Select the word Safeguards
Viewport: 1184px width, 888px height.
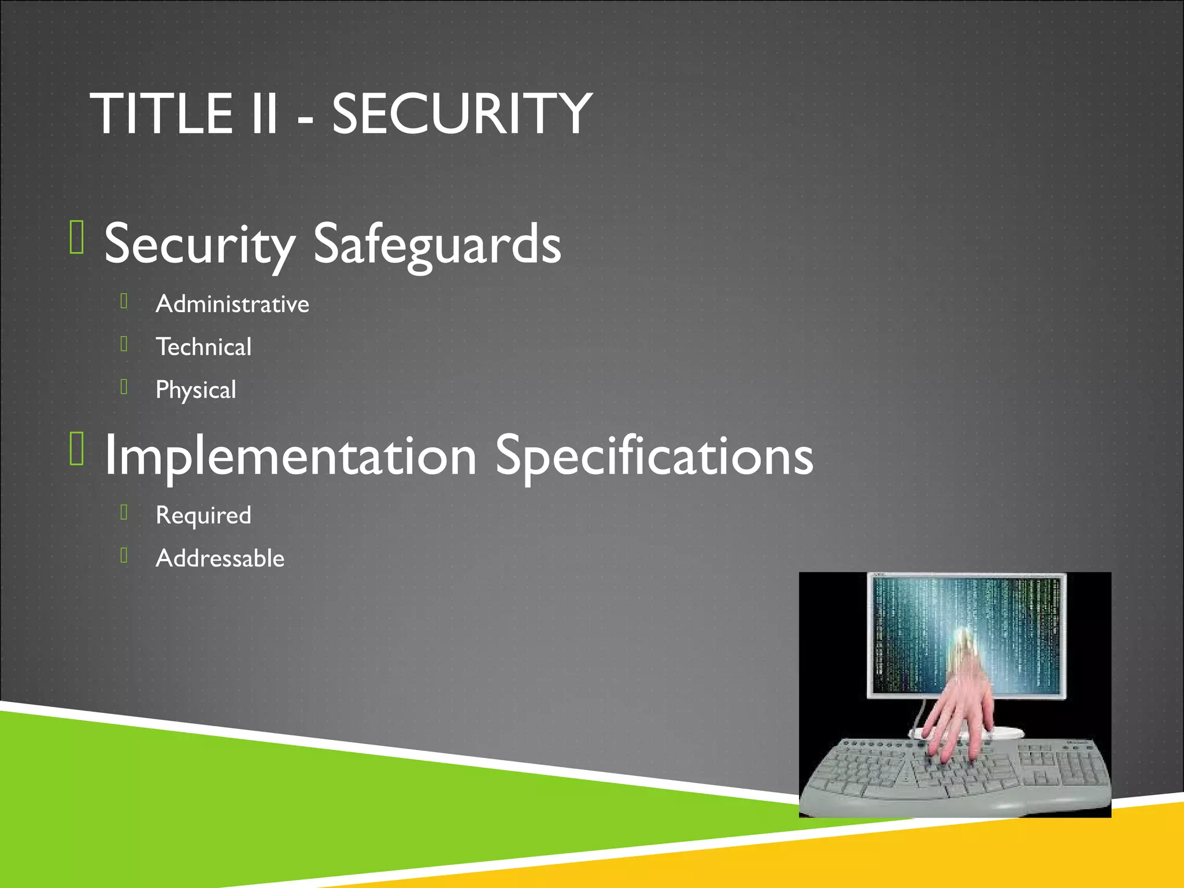pyautogui.click(x=436, y=245)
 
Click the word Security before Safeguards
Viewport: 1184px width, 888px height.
pyautogui.click(x=199, y=245)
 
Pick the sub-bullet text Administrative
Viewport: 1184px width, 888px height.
pyautogui.click(x=232, y=304)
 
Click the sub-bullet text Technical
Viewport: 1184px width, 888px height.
pyautogui.click(x=203, y=347)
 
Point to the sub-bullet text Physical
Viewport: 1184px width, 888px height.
pyautogui.click(x=196, y=390)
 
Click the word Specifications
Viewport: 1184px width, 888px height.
pyautogui.click(x=654, y=457)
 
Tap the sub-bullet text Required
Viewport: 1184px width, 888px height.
pyautogui.click(x=203, y=515)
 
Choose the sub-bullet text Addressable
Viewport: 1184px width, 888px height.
pyautogui.click(x=220, y=558)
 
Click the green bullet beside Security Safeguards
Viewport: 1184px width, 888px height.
pyautogui.click(x=77, y=237)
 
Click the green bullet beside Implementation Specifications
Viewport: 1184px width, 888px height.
pyautogui.click(x=77, y=449)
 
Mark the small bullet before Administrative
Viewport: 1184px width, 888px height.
pyautogui.click(x=124, y=301)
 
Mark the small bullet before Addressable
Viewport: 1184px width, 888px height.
pyautogui.click(x=124, y=555)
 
